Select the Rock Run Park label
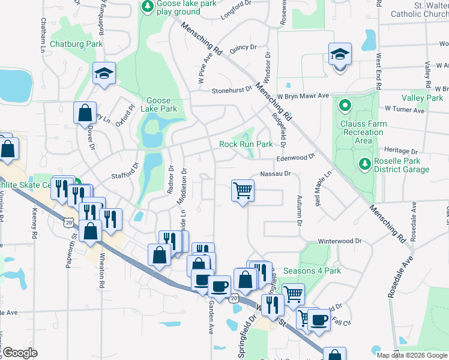[246, 144]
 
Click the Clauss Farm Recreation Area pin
[345, 107]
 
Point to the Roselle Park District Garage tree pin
[364, 163]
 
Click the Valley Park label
[423, 98]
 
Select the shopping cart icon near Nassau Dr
[243, 191]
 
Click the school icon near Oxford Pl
[104, 74]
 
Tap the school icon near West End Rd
[339, 56]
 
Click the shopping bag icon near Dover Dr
[85, 112]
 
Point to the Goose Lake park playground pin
[146, 6]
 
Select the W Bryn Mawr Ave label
[303, 95]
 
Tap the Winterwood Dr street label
[340, 241]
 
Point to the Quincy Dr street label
[243, 47]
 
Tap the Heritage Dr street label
[396, 150]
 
